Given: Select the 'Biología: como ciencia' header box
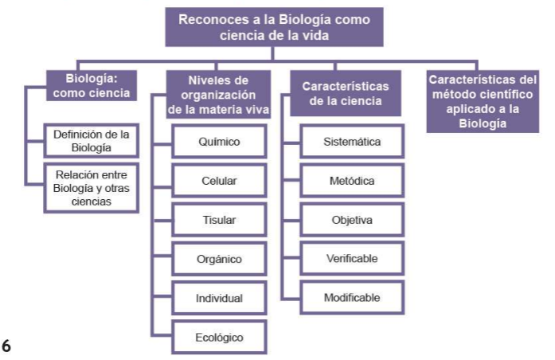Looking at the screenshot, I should [92, 85].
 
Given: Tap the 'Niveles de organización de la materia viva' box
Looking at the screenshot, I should [218, 96].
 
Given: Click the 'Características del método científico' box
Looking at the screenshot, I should [481, 101].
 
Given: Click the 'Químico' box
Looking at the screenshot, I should [219, 143].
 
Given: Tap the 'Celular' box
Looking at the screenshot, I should [219, 182].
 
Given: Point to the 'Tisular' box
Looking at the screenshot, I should [219, 220].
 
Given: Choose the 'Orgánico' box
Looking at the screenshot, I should [219, 259].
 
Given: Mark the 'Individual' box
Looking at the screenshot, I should [219, 298].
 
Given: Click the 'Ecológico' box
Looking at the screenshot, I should [219, 337].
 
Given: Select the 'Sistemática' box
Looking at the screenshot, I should [352, 143].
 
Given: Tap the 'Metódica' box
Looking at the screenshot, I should [352, 182].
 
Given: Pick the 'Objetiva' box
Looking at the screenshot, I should [352, 220].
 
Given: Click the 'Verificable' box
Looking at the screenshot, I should [352, 259].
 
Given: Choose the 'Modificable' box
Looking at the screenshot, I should [352, 298].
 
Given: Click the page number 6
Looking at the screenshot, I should [6, 346].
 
